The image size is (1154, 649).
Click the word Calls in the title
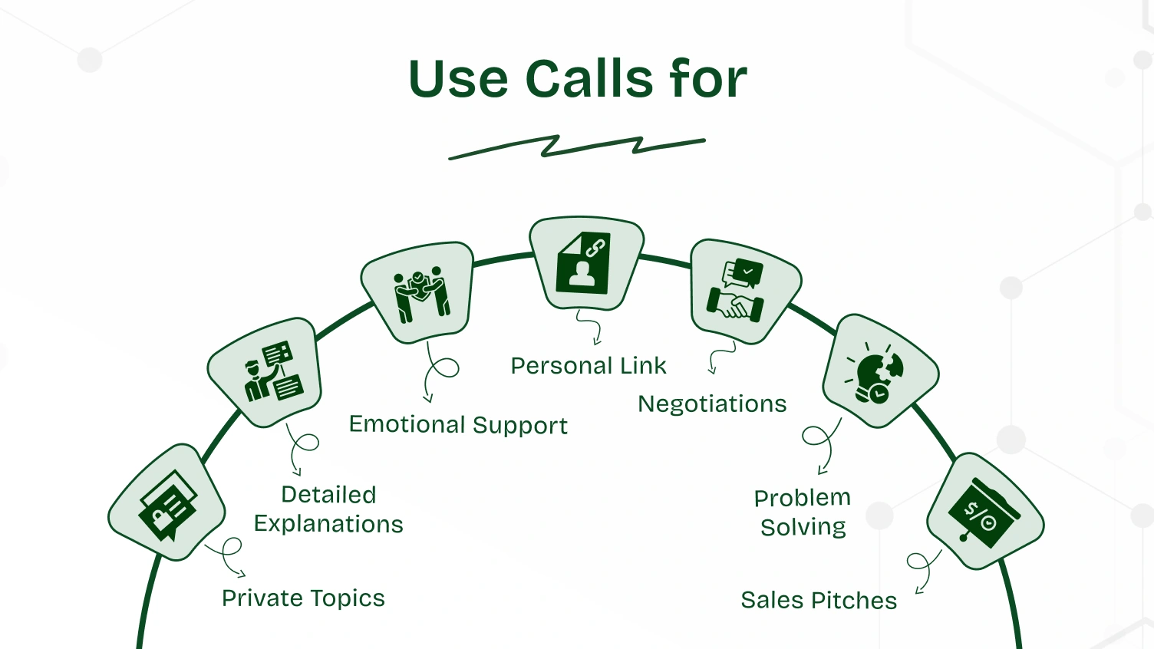(589, 79)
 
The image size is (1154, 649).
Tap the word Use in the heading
(458, 79)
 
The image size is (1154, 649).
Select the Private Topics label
(303, 598)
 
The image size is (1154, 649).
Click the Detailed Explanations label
(328, 509)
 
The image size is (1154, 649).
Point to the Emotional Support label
(458, 425)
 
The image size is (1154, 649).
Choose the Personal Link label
(589, 366)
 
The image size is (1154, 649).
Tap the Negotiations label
(712, 404)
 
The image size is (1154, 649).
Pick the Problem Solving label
(803, 512)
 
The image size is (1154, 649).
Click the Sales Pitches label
(819, 601)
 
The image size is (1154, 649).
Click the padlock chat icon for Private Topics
(167, 503)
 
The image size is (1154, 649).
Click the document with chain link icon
(585, 263)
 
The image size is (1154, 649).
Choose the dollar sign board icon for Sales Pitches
(984, 512)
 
